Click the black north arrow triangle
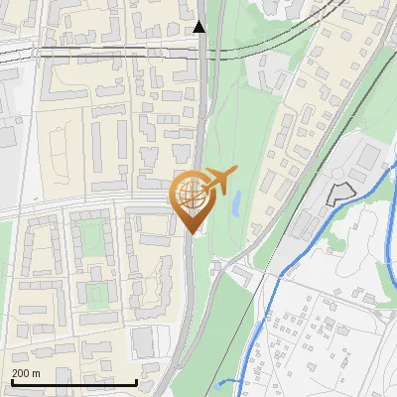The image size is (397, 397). click(x=199, y=27)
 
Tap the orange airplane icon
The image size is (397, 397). click(x=218, y=181)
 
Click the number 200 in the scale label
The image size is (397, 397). click(x=21, y=374)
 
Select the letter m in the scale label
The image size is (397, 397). click(x=37, y=374)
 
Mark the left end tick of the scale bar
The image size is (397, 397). click(x=11, y=382)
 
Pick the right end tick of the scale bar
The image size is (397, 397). click(x=136, y=382)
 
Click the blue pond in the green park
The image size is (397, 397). click(x=236, y=205)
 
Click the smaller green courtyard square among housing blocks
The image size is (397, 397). click(x=94, y=294)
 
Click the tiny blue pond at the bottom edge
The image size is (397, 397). click(x=231, y=381)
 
